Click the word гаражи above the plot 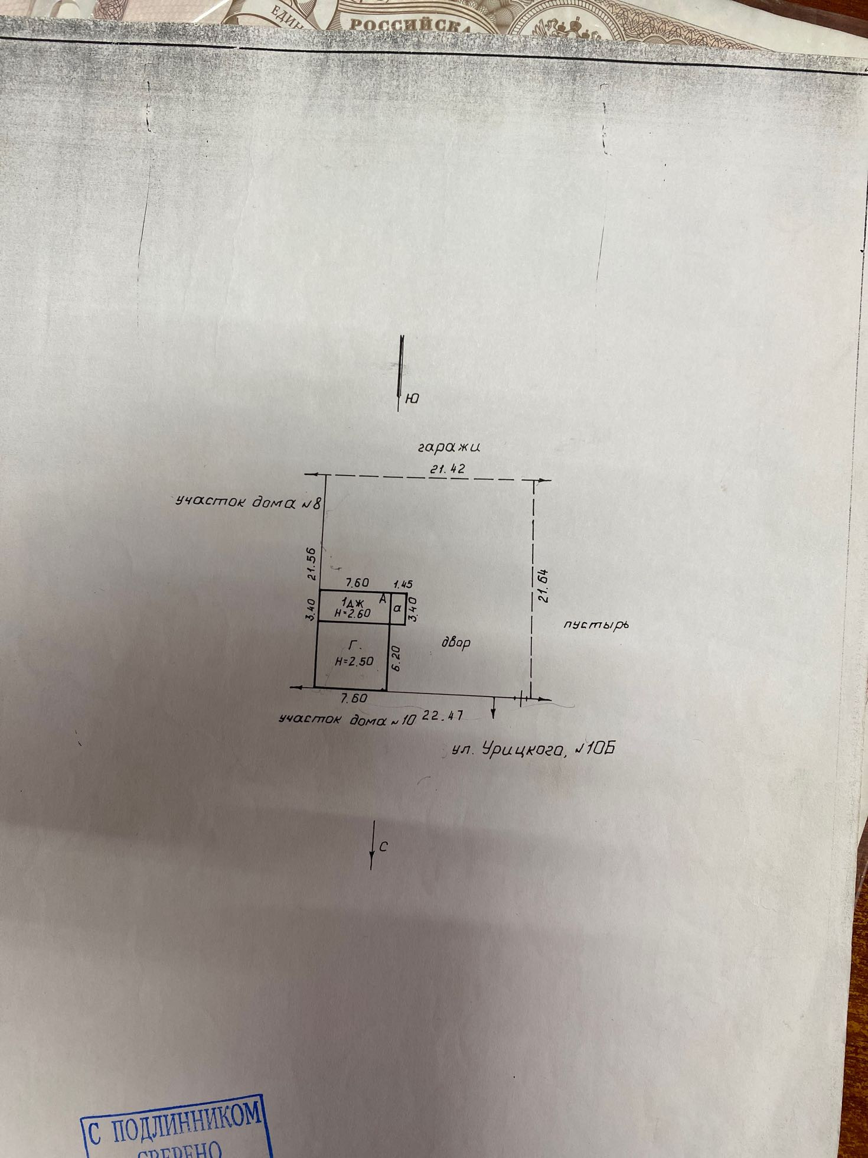point(448,447)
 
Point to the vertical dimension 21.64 point(544,585)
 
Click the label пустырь point(593,625)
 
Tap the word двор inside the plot point(456,642)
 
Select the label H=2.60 point(352,613)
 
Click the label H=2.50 point(354,662)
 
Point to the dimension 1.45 point(402,584)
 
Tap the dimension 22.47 point(442,715)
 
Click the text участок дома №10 point(347,719)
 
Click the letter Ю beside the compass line point(412,399)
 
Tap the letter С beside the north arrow point(383,847)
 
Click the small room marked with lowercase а point(397,607)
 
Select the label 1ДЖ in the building point(352,601)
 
